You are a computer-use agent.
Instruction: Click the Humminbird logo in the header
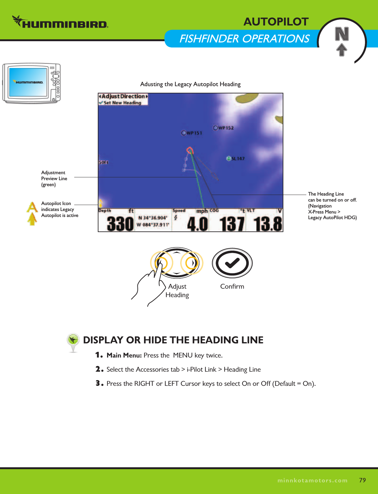60,23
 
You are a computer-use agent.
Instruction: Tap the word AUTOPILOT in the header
276,22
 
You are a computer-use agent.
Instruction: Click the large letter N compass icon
342,34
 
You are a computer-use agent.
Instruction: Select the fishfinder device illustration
31,83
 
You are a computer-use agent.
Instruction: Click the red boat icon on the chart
190,150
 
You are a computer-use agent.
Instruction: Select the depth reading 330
120,224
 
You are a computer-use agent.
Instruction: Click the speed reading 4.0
197,224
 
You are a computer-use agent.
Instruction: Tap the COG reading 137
232,224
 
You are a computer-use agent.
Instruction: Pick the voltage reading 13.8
268,224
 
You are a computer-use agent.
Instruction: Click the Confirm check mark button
232,263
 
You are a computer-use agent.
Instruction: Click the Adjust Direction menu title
123,96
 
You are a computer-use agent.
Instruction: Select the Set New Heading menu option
122,103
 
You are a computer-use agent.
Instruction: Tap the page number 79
362,480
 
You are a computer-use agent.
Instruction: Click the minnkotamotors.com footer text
312,480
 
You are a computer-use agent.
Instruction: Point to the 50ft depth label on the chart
103,163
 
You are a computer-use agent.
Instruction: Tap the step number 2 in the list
99,369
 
